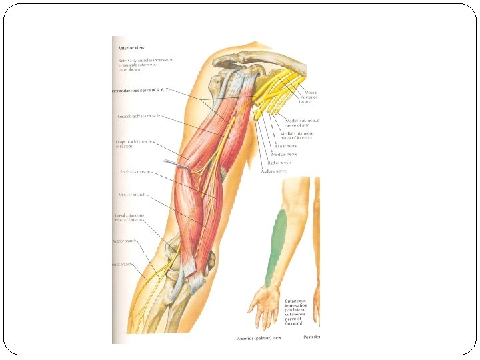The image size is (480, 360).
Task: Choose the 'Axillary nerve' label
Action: pyautogui.click(x=273, y=171)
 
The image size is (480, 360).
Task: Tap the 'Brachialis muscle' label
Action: pyautogui.click(x=136, y=171)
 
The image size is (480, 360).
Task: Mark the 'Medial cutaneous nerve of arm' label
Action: pyautogui.click(x=307, y=123)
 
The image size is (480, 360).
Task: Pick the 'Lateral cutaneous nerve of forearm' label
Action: pyautogui.click(x=131, y=218)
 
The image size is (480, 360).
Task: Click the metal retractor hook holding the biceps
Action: pyautogui.click(x=175, y=163)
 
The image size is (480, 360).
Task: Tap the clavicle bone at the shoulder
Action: pyautogui.click(x=267, y=57)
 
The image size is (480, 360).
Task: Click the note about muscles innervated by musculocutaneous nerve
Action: pyautogui.click(x=143, y=63)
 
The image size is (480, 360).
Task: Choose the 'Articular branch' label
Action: pyautogui.click(x=131, y=196)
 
